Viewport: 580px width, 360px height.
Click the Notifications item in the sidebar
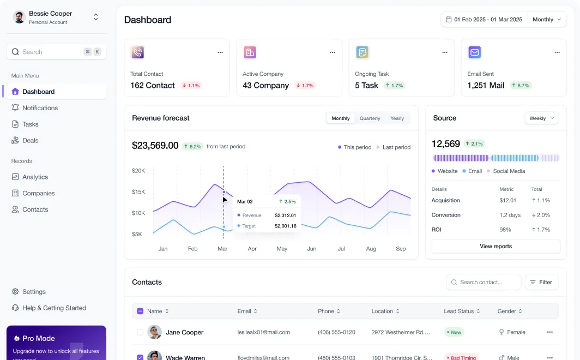[40, 107]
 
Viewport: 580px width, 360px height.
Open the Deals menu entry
[31, 140]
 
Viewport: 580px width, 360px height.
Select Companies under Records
[39, 193]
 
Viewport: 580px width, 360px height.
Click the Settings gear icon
[15, 292]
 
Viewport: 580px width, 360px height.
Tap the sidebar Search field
[56, 52]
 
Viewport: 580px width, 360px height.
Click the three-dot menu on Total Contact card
[220, 52]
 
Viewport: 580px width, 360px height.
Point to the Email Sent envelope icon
[475, 52]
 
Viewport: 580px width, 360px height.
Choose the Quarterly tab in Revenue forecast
[370, 118]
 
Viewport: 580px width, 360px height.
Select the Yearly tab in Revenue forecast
[397, 118]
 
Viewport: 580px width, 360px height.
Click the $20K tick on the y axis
[138, 171]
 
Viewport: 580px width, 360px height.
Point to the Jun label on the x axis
[311, 249]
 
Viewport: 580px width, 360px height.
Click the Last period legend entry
[393, 147]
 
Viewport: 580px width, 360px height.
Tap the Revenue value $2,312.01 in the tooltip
[285, 215]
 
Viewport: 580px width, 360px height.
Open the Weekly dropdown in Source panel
[541, 118]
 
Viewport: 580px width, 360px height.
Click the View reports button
[496, 247]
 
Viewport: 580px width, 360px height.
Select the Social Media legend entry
[506, 171]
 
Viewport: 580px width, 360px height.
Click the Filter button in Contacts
[541, 283]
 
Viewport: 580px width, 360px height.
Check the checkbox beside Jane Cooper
[140, 332]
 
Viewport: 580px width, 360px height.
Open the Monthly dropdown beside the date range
[547, 20]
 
